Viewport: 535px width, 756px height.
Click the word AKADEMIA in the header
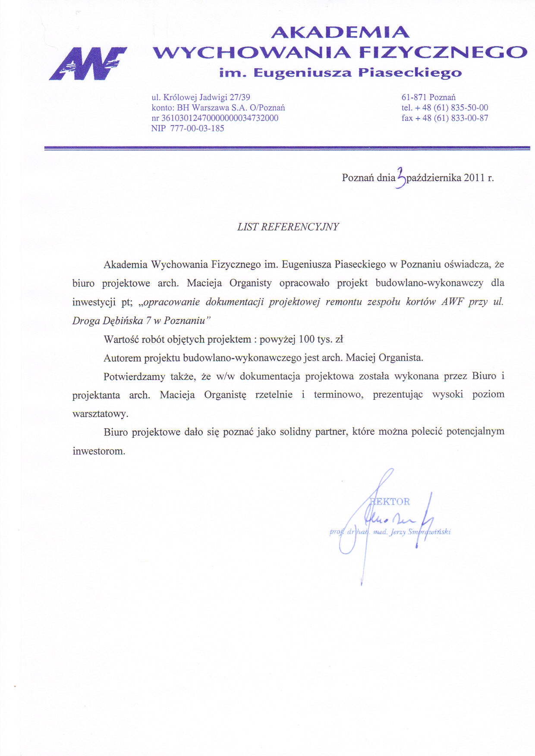tap(340, 32)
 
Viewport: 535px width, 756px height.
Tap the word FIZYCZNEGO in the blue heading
tap(443, 52)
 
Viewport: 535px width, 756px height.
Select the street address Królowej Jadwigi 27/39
tap(207, 97)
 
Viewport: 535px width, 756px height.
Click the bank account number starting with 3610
tap(220, 118)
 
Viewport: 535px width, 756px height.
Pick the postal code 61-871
tap(414, 97)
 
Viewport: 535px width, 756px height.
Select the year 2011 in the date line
tap(474, 178)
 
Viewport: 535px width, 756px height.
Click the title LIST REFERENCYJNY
tap(288, 227)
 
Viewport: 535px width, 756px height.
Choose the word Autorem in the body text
tap(122, 358)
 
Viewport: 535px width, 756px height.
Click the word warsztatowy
tap(100, 414)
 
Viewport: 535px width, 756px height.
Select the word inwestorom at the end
tap(99, 451)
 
